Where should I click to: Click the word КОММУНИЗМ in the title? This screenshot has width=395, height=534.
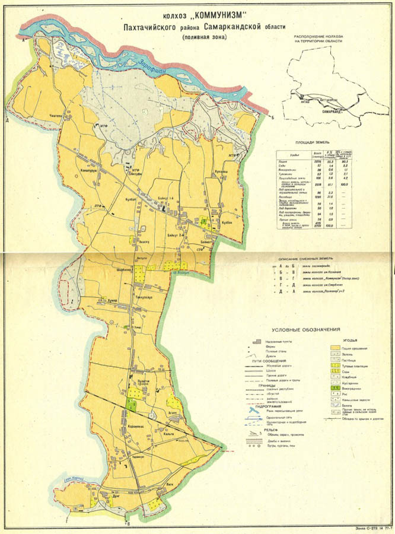tap(206, 16)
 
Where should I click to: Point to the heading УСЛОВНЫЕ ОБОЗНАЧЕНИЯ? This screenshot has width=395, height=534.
tap(305, 329)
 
